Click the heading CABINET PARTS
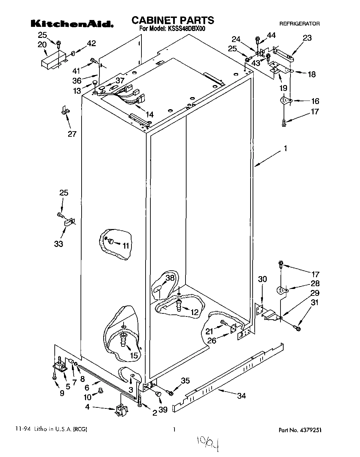tap(173, 20)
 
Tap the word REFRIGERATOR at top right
tap(299, 24)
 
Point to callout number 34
tap(242, 396)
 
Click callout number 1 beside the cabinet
tap(285, 149)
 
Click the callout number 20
tap(42, 44)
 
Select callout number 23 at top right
tap(307, 38)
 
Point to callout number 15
tap(134, 355)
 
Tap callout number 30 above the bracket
tap(262, 279)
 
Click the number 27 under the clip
tap(72, 134)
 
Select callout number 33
tap(59, 244)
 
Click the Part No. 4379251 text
tap(301, 430)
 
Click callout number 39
tap(163, 409)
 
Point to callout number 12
tap(194, 312)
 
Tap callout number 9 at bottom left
tap(62, 393)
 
